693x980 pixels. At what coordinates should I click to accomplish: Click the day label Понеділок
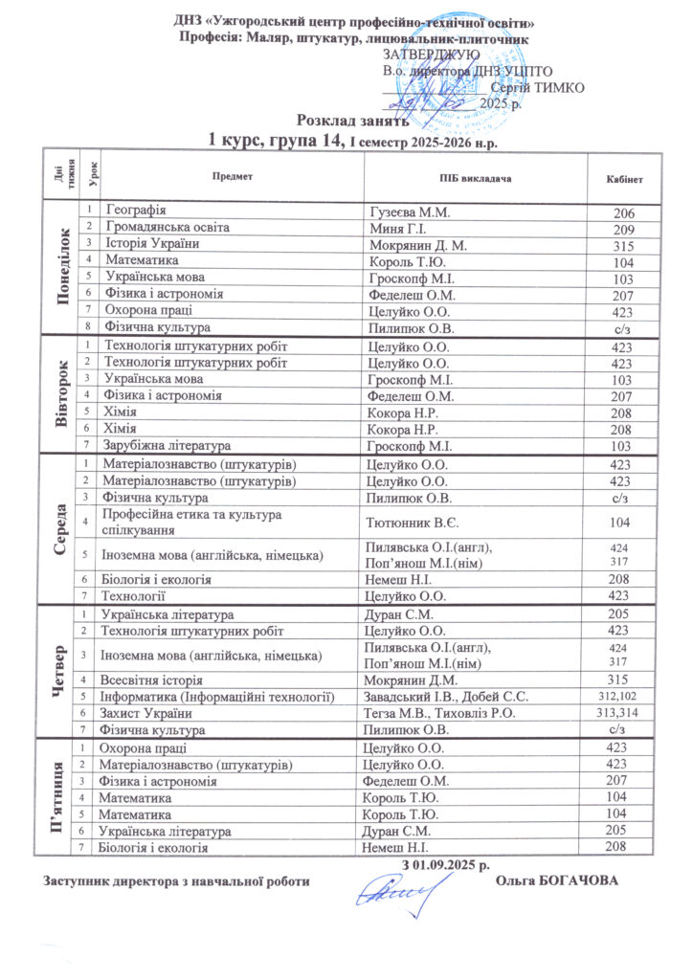tap(63, 267)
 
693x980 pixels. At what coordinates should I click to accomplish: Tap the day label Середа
tap(62, 528)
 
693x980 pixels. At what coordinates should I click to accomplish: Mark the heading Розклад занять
tap(352, 122)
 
